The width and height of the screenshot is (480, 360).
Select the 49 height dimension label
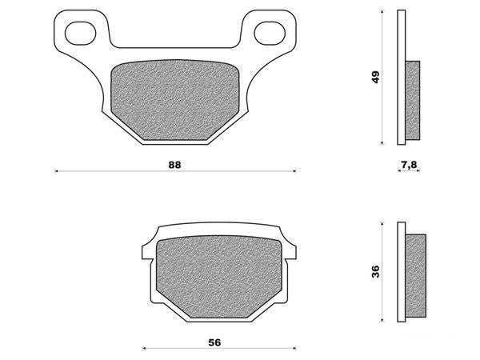pyautogui.click(x=376, y=78)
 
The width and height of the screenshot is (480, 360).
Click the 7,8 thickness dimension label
pyautogui.click(x=407, y=164)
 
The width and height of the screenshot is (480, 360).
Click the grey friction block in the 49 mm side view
pyautogui.click(x=413, y=100)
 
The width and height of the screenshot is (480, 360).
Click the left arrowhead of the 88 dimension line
pyautogui.click(x=55, y=170)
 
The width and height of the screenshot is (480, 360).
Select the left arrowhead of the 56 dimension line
pyautogui.click(x=143, y=348)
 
